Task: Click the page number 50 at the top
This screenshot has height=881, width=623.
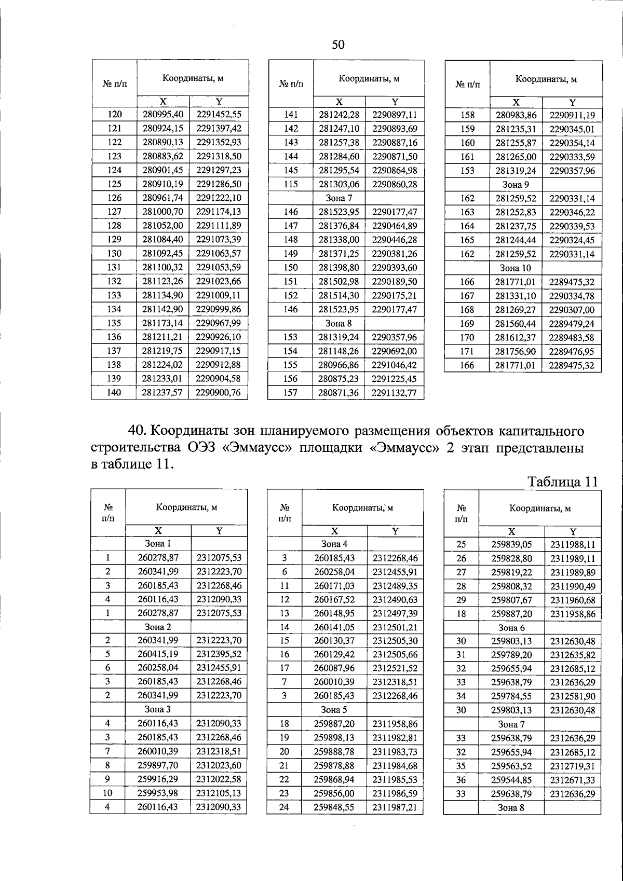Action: [x=338, y=45]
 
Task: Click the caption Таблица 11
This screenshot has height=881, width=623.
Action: [x=563, y=481]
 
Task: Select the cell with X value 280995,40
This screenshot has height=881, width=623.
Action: [x=163, y=115]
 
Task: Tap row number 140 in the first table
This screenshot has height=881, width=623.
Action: [x=114, y=392]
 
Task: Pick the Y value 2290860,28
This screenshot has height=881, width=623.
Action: [x=395, y=184]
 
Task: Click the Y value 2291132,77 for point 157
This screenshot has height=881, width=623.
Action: [x=395, y=393]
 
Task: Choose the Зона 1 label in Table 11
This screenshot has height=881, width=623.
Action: [x=158, y=544]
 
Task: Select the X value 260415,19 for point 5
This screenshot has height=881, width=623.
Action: [x=158, y=654]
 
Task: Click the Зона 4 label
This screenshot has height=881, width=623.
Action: [x=334, y=544]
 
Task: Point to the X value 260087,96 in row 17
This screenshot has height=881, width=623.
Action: [x=334, y=668]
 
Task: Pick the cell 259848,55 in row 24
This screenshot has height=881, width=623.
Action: [x=334, y=807]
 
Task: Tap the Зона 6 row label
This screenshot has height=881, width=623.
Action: [x=511, y=627]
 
